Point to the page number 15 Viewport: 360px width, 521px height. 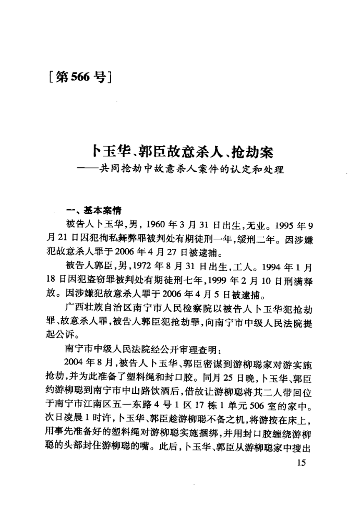(300, 466)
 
